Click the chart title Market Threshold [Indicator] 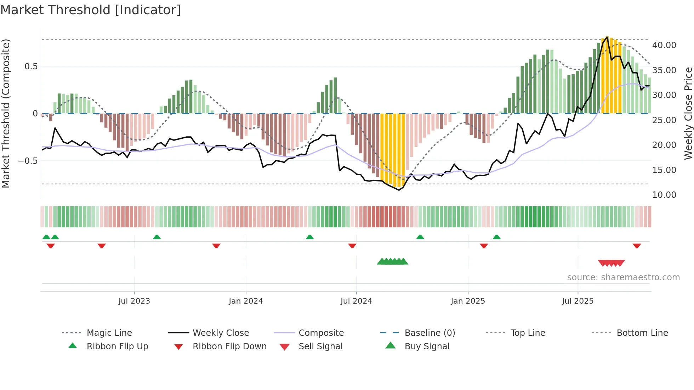pos(91,10)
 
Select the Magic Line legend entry pos(109,333)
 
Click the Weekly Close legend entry pos(221,333)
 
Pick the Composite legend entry pos(321,333)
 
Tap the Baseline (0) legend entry pos(430,333)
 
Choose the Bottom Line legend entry pos(642,333)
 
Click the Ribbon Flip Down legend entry pos(229,346)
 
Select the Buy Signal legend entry pos(427,346)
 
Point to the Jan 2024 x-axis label pos(246,301)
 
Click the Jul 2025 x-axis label pos(578,301)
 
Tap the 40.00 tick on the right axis pos(664,45)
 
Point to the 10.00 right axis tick pos(664,195)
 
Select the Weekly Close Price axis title pos(688,113)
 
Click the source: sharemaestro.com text pos(623,277)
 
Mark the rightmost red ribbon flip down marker pos(637,246)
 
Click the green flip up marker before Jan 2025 pos(420,237)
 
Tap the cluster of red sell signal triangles pos(611,263)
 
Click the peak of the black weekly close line pos(607,37)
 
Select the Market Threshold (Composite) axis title pos(6,113)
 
